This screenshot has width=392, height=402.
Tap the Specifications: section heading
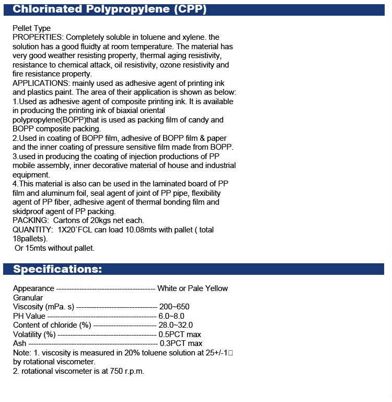pyautogui.click(x=57, y=270)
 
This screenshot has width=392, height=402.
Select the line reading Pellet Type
pyautogui.click(x=32, y=28)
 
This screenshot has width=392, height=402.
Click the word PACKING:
pyautogui.click(x=29, y=220)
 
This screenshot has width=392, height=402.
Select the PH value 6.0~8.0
pyautogui.click(x=171, y=316)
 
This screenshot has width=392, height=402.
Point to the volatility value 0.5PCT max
pyautogui.click(x=180, y=334)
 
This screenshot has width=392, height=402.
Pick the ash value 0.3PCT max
pyautogui.click(x=181, y=343)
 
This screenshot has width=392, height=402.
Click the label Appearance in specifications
pyautogui.click(x=33, y=288)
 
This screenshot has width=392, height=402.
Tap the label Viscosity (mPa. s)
pyautogui.click(x=44, y=307)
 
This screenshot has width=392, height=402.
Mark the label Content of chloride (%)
pyautogui.click(x=52, y=325)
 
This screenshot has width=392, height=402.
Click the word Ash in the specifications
pyautogui.click(x=19, y=343)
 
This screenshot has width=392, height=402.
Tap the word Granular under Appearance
pyautogui.click(x=28, y=297)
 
